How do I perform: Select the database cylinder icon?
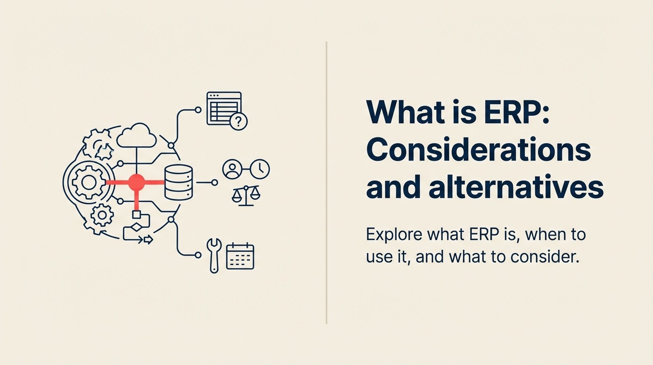pyautogui.click(x=178, y=182)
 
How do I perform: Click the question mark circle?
pyautogui.click(x=238, y=122)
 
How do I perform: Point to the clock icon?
pyautogui.click(x=260, y=169)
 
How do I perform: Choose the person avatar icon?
pyautogui.click(x=233, y=170)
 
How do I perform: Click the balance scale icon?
pyautogui.click(x=246, y=195)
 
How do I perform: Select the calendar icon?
pyautogui.click(x=240, y=256)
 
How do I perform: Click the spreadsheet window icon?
pyautogui.click(x=223, y=108)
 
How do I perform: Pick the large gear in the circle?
pyautogui.click(x=88, y=182)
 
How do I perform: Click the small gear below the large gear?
pyautogui.click(x=102, y=216)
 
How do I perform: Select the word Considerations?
pyautogui.click(x=478, y=150)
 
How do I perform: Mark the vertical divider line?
pyautogui.click(x=326, y=182)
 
